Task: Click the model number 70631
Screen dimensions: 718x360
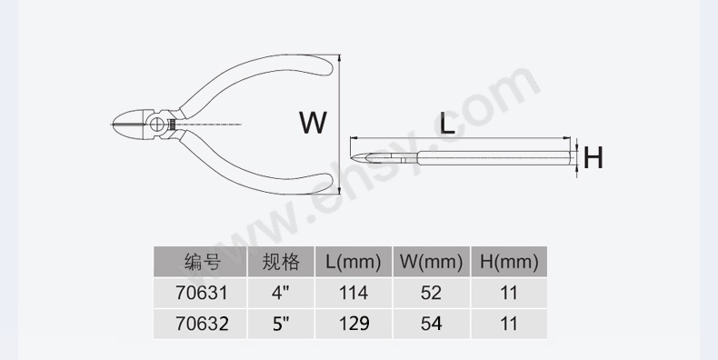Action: pos(202,293)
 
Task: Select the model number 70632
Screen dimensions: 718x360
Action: pos(202,324)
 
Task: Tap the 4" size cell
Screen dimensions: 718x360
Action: pos(281,292)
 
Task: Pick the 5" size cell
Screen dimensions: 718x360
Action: pos(281,324)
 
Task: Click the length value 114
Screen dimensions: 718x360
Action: pos(353,293)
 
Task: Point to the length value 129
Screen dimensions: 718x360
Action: pos(353,324)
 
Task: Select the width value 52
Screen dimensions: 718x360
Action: pos(432,293)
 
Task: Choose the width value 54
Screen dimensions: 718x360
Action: pos(432,324)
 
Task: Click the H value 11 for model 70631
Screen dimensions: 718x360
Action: pos(509,293)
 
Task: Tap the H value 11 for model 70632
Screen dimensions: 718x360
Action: pos(509,324)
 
